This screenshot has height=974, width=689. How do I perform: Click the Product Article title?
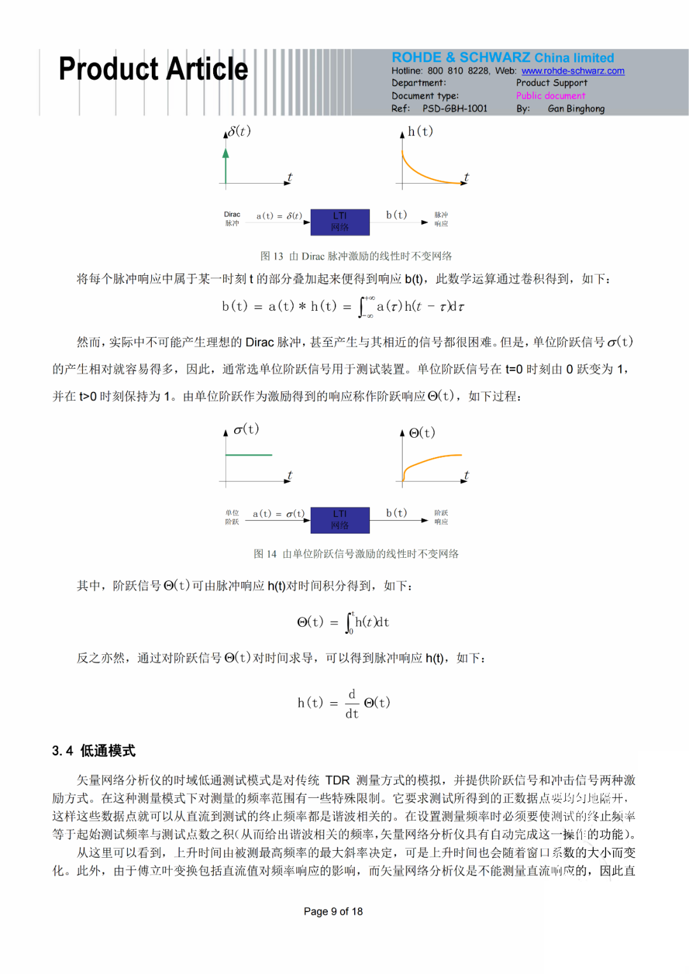(x=153, y=69)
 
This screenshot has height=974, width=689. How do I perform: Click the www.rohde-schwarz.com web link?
(x=572, y=71)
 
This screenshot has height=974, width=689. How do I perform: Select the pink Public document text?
(x=551, y=96)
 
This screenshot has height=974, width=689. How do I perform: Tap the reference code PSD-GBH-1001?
(x=454, y=109)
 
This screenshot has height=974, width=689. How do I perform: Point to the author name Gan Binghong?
(x=576, y=109)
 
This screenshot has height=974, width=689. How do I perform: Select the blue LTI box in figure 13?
(x=340, y=221)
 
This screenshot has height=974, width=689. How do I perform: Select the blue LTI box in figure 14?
(x=340, y=520)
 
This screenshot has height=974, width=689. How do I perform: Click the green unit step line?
(x=249, y=455)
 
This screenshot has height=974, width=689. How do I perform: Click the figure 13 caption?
(x=356, y=256)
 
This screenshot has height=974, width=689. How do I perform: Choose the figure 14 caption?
(x=356, y=554)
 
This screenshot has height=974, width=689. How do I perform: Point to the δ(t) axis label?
(x=239, y=131)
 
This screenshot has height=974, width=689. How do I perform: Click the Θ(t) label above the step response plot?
(x=422, y=433)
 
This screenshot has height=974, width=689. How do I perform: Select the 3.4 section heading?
(x=94, y=751)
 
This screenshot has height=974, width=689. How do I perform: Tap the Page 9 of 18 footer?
(x=333, y=911)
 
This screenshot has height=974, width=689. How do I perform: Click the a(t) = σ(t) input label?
(x=279, y=514)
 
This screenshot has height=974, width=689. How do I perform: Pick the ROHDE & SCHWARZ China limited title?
(x=503, y=57)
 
